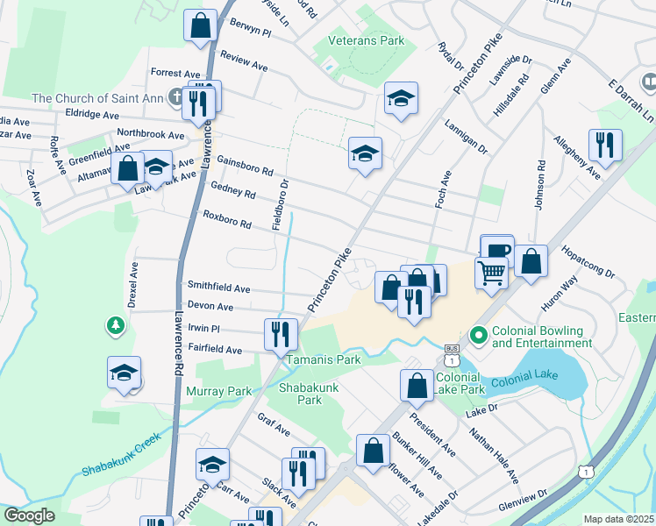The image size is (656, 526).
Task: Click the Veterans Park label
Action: tap(366, 40)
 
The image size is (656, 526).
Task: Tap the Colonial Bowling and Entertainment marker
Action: tap(479, 335)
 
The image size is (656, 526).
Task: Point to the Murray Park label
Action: tap(218, 391)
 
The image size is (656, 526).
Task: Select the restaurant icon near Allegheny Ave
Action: tap(604, 144)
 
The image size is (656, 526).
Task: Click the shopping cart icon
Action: tap(491, 273)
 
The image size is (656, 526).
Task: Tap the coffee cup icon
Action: tap(497, 250)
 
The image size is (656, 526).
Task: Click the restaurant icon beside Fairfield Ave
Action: tap(282, 334)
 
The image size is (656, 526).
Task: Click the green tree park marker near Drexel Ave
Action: tap(115, 326)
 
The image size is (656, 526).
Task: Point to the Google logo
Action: tap(29, 515)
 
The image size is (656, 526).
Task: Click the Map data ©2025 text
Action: tap(618, 519)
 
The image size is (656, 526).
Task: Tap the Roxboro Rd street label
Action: tap(227, 219)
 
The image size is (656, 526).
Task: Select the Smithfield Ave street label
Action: tap(218, 288)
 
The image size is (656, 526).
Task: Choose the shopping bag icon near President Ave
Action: tap(417, 386)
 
